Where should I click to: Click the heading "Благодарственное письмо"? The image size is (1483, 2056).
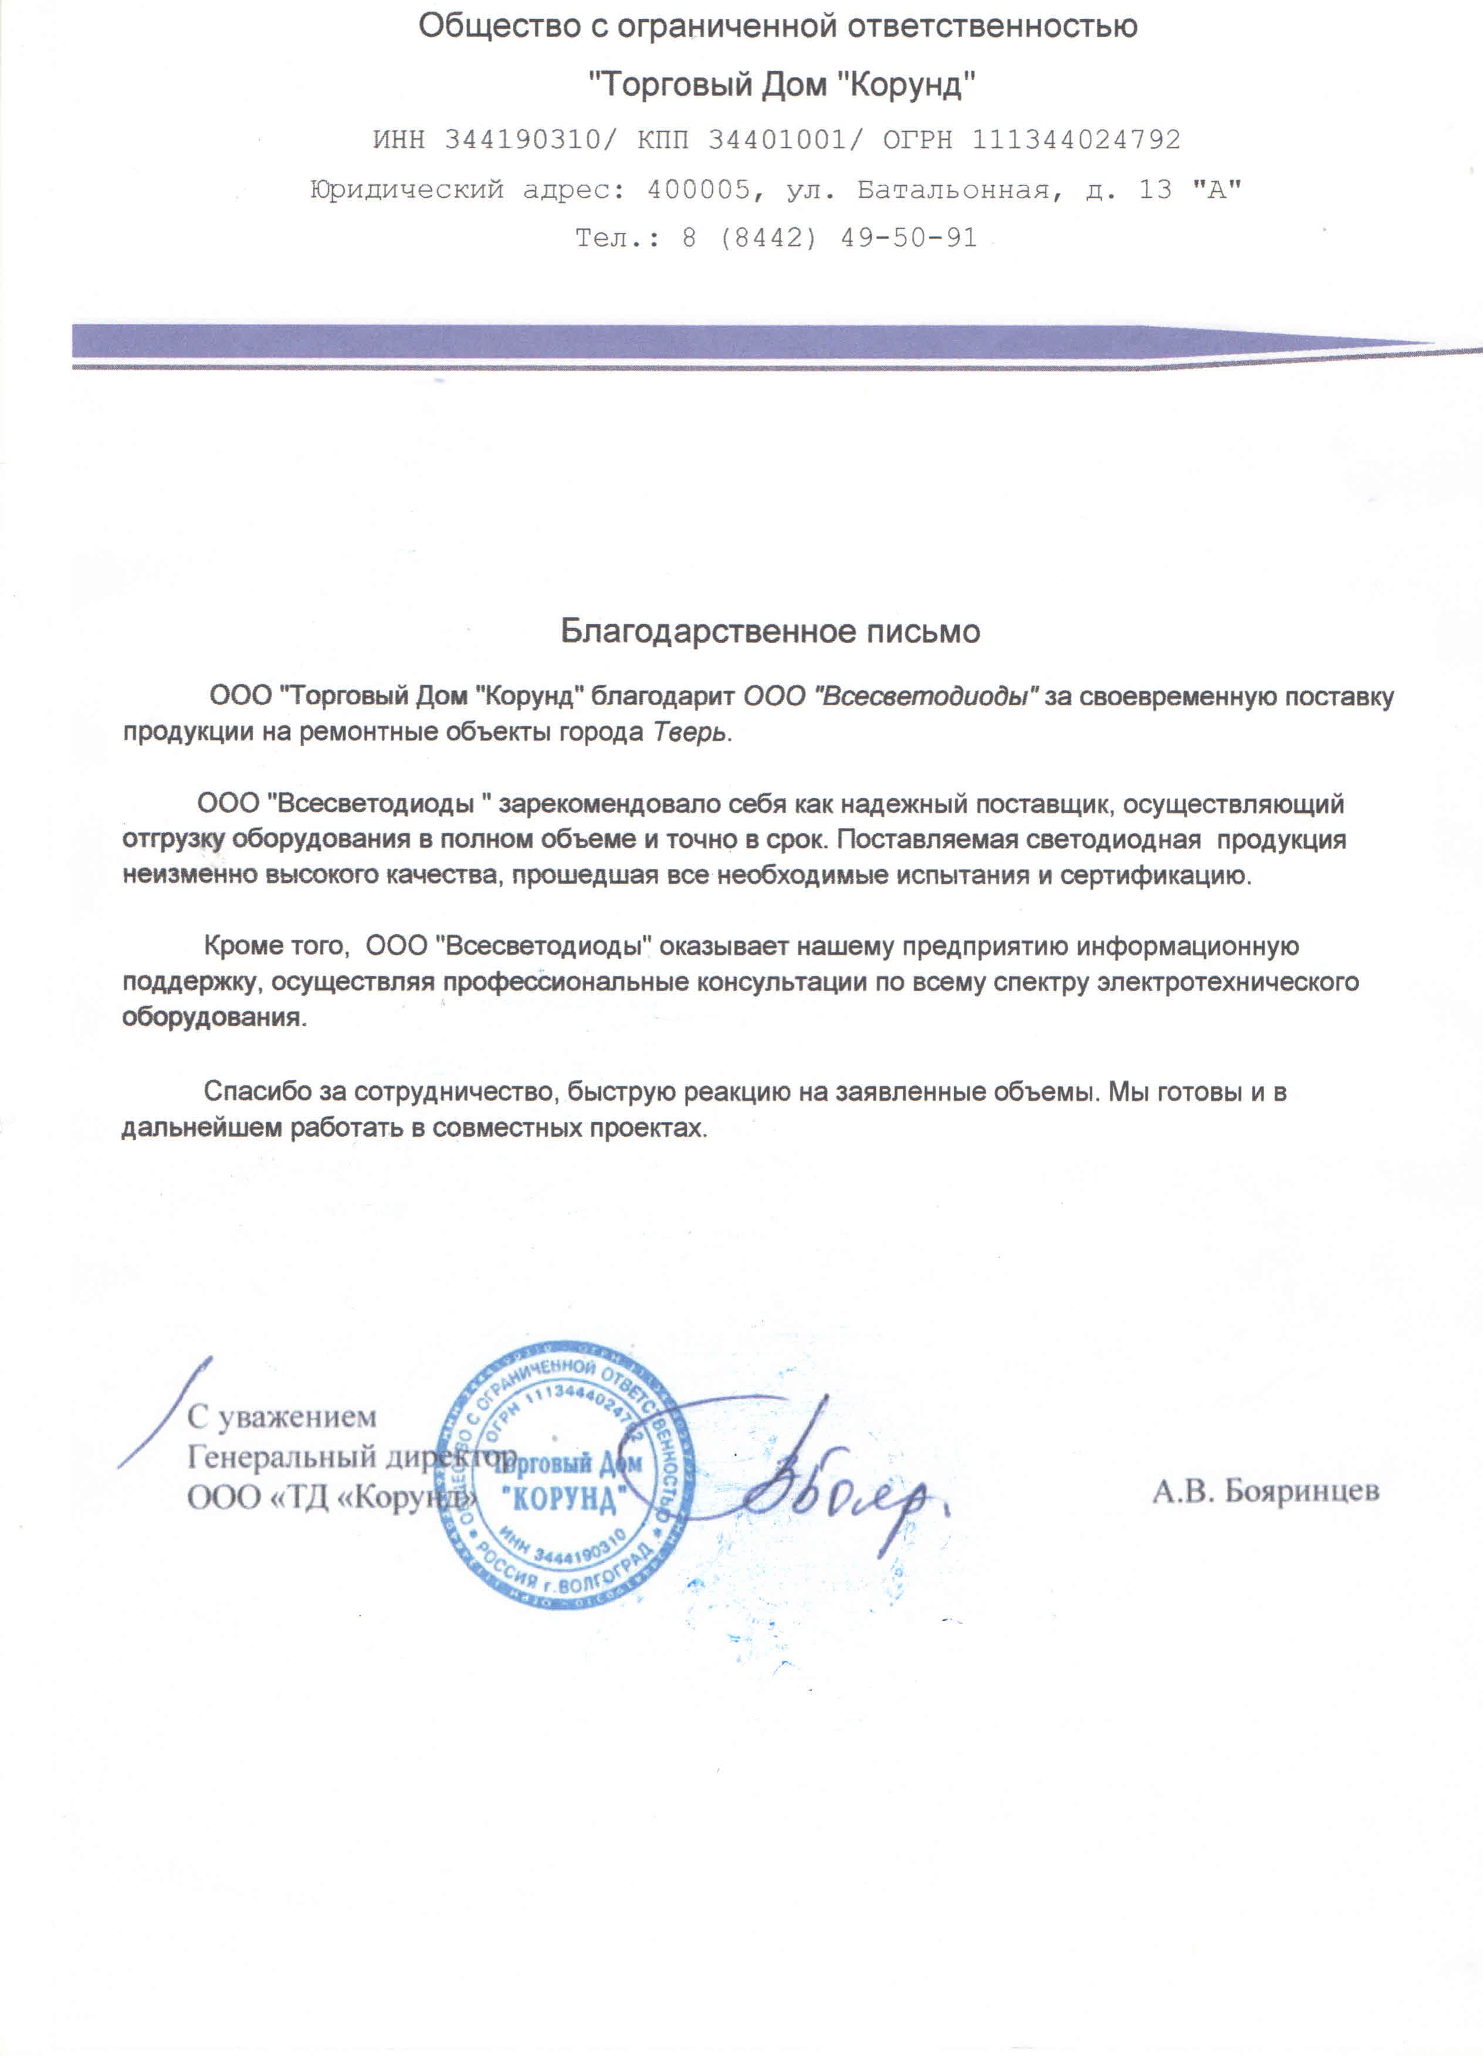click(x=770, y=631)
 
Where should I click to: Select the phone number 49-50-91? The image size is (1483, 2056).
click(x=908, y=238)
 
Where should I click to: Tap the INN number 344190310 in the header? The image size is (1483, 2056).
click(x=522, y=140)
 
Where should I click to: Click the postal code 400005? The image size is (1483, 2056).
click(x=698, y=190)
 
